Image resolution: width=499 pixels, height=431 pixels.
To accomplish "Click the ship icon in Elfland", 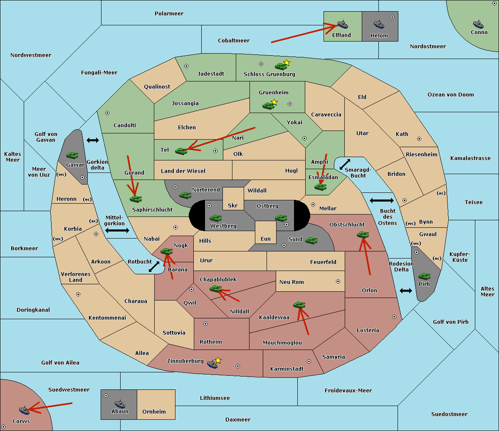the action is coord(343,24).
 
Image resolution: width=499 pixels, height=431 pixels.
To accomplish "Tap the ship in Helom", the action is coord(379,24).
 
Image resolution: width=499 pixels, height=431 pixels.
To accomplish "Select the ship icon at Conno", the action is coord(478,24).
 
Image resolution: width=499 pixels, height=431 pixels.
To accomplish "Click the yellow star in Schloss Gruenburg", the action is coord(287,63).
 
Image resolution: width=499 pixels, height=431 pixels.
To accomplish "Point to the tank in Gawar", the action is coord(72,155).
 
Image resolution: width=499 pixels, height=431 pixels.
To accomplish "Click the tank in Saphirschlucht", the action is coord(136,199).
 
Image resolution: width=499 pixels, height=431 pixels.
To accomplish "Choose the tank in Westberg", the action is coord(215,218).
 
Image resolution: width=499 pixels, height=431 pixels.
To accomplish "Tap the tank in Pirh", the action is coord(424,276).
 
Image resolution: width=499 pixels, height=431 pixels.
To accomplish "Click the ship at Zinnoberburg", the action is coord(212,364).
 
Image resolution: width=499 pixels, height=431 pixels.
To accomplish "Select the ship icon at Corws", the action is coord(24,410).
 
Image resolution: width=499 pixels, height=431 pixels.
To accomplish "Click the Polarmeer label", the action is coord(169,14).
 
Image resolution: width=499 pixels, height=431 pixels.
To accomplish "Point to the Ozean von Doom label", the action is coord(450,95).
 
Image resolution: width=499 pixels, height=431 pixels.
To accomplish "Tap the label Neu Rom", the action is coord(291,282).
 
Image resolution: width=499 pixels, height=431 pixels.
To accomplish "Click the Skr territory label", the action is coord(233,205).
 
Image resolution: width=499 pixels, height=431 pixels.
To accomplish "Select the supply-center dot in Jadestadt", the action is coord(186,66).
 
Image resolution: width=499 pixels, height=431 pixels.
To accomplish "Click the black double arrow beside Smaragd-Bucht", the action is coord(345,164).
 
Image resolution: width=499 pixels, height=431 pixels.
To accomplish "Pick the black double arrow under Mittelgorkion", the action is coord(117,230).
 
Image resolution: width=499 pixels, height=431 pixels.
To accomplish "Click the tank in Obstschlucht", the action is coord(363,234).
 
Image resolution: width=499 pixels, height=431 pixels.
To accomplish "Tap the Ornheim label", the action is coord(154,411).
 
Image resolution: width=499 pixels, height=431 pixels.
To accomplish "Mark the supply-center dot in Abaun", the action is coord(106,396).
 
